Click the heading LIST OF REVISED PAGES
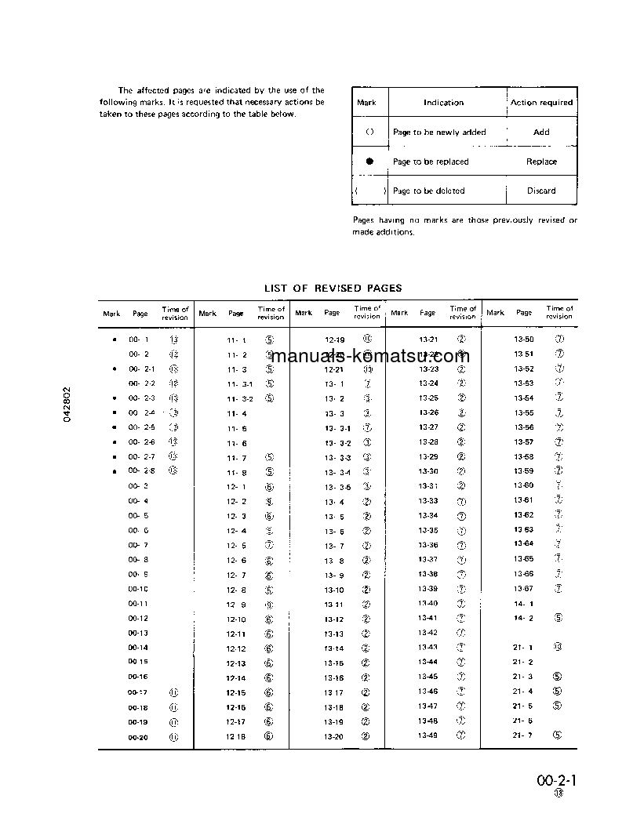[x=333, y=289]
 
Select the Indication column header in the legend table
[x=443, y=103]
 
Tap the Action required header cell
[x=541, y=103]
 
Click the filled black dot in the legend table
[x=369, y=162]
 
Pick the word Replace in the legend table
[x=541, y=162]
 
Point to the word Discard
[x=541, y=191]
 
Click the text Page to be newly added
[x=439, y=133]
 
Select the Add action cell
[x=541, y=133]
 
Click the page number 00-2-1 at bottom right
[x=557, y=781]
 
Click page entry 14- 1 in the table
[x=523, y=604]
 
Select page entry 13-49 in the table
[x=428, y=735]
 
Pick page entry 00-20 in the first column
[x=138, y=737]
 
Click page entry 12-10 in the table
[x=236, y=619]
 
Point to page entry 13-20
[x=333, y=737]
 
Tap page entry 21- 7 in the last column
[x=523, y=735]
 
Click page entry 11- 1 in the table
[x=236, y=340]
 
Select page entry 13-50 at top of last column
[x=524, y=340]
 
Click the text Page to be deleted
[x=429, y=191]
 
